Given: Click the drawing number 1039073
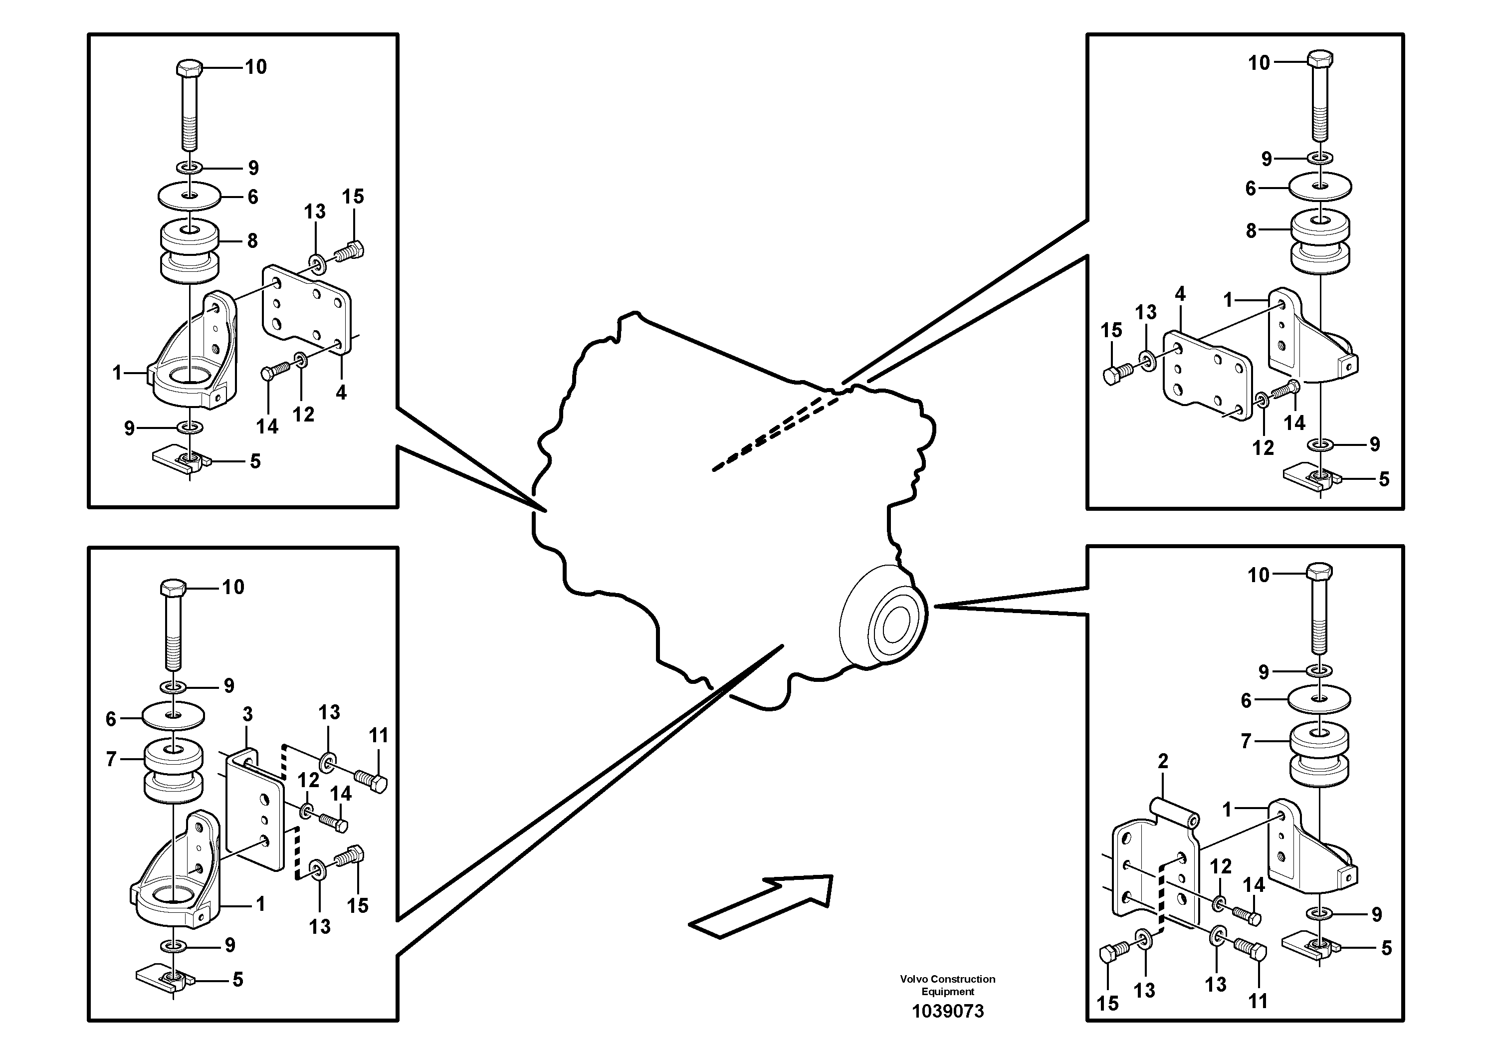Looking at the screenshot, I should (x=948, y=1012).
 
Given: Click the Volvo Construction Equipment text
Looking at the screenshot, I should (x=948, y=986).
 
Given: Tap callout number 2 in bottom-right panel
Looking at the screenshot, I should (x=1163, y=761).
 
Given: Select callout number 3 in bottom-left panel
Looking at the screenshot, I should (x=248, y=715).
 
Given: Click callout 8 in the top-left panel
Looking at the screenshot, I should (x=252, y=240).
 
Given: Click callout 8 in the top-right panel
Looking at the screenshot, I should (x=1251, y=230).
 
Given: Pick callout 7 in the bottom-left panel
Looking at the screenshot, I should (x=111, y=759).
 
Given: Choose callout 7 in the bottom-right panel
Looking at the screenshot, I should (x=1247, y=741).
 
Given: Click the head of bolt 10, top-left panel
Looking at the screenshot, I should (x=190, y=67).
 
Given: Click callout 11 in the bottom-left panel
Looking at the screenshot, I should (x=379, y=735).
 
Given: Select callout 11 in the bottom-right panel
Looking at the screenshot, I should (x=1258, y=1001).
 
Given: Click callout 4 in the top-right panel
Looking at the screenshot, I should (x=1180, y=294).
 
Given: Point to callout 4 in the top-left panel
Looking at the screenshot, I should (x=341, y=392).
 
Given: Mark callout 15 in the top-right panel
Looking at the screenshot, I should (x=1111, y=331).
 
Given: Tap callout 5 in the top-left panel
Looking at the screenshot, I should (x=255, y=461).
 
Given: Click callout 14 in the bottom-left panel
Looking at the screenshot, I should (x=341, y=794).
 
